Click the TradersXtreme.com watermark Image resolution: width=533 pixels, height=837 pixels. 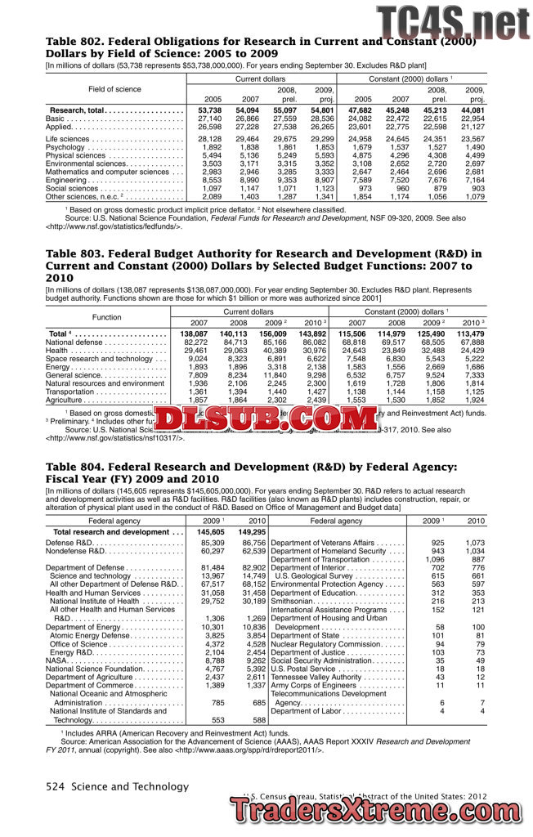click(381, 812)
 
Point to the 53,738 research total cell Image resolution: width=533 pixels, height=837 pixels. click(209, 110)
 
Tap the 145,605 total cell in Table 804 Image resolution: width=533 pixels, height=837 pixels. click(210, 532)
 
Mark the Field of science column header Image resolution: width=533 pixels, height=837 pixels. click(114, 89)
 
